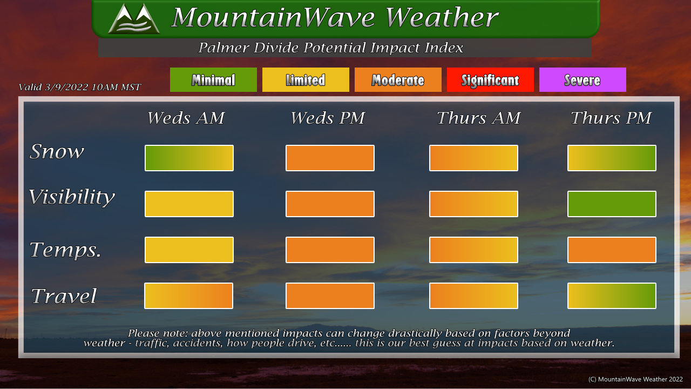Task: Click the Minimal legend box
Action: [213, 79]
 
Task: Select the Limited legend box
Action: [306, 79]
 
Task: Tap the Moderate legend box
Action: [398, 79]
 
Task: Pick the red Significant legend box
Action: [490, 79]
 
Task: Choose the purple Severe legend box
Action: [582, 79]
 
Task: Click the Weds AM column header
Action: [186, 118]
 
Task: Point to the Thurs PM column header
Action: [611, 118]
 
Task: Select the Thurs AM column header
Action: [479, 118]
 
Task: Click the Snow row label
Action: [57, 151]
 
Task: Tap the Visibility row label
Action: [72, 197]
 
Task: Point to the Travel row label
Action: [64, 296]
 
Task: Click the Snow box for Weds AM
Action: [189, 158]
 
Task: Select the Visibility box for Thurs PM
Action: [612, 204]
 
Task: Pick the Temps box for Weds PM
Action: [330, 250]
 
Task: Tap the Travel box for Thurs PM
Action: [612, 296]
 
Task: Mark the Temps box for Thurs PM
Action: [612, 250]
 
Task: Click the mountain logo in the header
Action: [134, 18]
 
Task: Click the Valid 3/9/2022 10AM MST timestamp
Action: [79, 87]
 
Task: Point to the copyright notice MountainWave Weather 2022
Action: [635, 379]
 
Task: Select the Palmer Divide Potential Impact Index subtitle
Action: [330, 48]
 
